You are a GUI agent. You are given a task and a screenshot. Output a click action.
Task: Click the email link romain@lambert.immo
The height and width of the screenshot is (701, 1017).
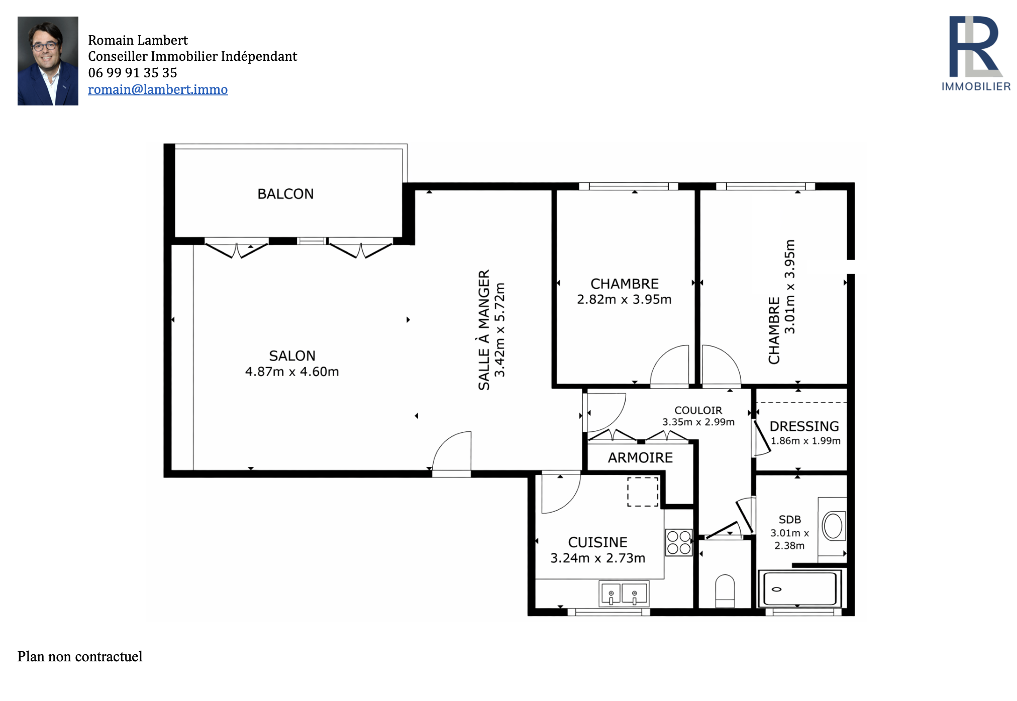coord(158,89)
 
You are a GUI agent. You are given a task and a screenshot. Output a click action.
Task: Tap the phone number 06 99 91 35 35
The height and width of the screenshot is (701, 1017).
coord(133,73)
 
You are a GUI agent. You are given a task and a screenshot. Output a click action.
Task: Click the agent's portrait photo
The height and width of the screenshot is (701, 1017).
coord(48,61)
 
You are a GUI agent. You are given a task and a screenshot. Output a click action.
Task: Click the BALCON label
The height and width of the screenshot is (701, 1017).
coord(285,194)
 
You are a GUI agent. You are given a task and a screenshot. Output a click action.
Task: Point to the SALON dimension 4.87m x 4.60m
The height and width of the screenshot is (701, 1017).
coord(292,372)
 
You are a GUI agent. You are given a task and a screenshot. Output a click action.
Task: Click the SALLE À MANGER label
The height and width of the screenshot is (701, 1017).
coord(483,330)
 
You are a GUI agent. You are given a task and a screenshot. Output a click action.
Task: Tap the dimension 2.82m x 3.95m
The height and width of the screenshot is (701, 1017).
coord(624,299)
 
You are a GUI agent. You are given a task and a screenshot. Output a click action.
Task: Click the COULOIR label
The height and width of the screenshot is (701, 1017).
coord(698,410)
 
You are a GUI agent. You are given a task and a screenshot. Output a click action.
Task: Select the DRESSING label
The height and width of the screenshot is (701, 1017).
coord(804,426)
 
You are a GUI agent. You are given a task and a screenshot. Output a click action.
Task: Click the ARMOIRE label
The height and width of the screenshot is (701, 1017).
coord(640,457)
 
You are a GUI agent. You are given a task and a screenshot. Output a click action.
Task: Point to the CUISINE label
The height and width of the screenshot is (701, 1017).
coord(597,542)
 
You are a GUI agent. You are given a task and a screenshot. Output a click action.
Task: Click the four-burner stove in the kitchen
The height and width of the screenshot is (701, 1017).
coord(679,543)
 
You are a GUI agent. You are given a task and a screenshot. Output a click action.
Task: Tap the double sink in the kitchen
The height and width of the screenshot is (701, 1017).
coord(624,594)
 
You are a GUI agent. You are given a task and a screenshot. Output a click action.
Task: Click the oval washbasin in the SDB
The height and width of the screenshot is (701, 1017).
coord(833,526)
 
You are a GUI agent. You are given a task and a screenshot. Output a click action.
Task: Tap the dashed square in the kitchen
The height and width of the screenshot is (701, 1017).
coord(643,492)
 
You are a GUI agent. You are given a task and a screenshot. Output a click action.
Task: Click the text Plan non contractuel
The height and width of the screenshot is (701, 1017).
coord(80,657)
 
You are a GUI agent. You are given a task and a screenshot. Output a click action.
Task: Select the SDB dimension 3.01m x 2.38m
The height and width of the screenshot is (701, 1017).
coord(789,539)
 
